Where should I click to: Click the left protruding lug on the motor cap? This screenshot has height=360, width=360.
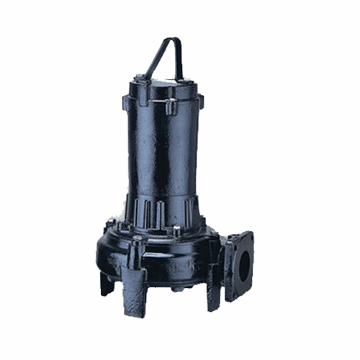coord(134,93)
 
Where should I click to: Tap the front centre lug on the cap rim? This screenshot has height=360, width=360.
coord(171,107)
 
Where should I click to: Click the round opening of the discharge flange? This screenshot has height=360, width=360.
coord(245,267)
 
